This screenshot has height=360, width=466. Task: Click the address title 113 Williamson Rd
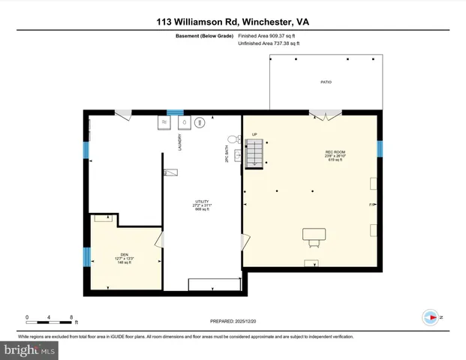tap(233, 22)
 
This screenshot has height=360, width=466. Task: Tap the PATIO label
tap(326, 82)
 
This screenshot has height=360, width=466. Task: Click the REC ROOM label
tap(334, 154)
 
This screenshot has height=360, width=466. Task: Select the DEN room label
tap(125, 256)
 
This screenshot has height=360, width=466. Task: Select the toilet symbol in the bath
tap(232, 139)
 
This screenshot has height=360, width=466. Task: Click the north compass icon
tap(430, 317)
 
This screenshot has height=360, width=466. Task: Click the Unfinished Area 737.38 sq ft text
tap(269, 44)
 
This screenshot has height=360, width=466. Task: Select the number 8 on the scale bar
tap(71, 316)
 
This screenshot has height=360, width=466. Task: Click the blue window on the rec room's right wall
tap(379, 148)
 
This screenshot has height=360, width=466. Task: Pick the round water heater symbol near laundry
tap(200, 121)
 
